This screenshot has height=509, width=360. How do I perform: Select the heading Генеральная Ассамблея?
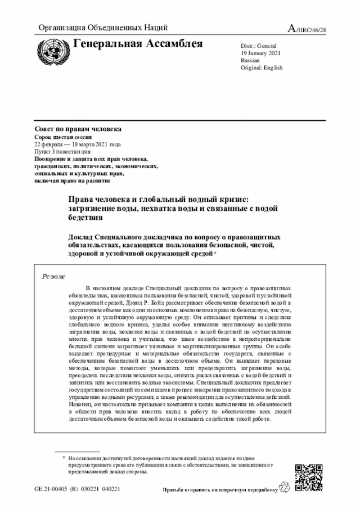coord(138,44)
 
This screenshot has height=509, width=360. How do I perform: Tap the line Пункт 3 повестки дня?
coord(62,152)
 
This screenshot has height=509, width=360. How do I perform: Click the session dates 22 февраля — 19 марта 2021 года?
coord(78,145)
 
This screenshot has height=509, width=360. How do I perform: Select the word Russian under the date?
coord(250,60)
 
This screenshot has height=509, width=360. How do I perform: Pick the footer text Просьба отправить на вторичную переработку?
coord(220,490)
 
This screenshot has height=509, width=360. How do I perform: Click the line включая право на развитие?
coord(72,181)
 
